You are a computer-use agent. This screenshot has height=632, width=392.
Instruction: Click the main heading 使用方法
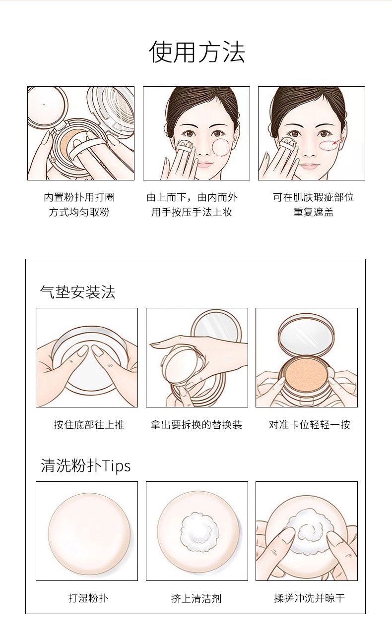(197, 52)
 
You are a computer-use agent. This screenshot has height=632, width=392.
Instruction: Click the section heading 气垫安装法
(78, 292)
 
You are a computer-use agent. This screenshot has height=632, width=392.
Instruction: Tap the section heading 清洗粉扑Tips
(86, 465)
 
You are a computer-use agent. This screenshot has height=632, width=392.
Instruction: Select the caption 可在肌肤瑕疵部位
(313, 197)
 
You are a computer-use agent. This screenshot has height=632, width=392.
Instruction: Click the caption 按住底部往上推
(89, 424)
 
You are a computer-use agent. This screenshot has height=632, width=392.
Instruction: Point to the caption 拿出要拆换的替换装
(196, 424)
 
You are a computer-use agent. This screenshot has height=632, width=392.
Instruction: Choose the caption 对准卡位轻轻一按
(309, 424)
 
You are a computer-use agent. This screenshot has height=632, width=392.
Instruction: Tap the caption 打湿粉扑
(88, 598)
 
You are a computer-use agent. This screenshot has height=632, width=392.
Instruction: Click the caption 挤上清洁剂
(196, 598)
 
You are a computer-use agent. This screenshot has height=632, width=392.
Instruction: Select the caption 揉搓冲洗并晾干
(309, 598)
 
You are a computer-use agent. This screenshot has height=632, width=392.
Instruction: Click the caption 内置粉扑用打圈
(79, 197)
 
